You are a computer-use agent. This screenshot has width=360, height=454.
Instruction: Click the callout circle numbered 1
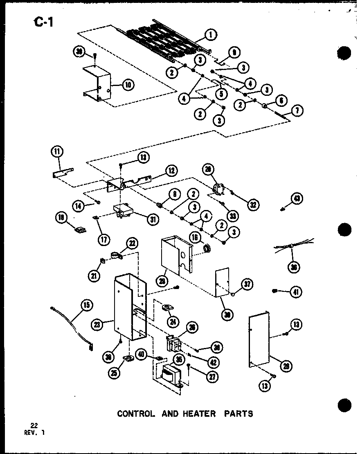211,35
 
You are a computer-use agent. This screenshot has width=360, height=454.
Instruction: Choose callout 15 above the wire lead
87,305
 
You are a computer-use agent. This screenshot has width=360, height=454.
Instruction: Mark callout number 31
153,219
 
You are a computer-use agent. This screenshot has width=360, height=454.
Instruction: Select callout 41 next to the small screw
296,292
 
